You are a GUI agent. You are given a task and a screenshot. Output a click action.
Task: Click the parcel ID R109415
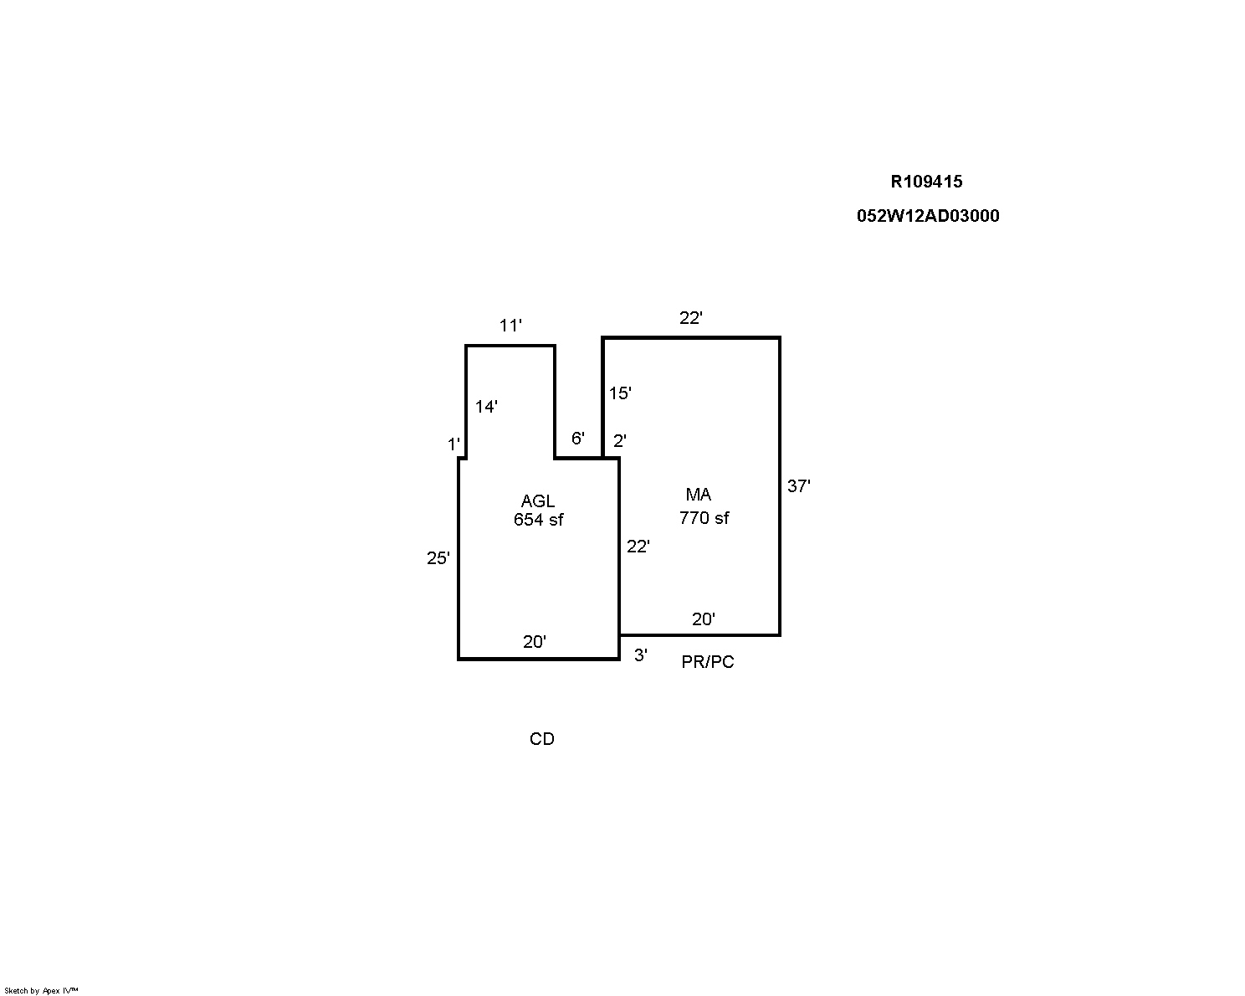(926, 182)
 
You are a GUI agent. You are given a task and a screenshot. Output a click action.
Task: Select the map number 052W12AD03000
(928, 216)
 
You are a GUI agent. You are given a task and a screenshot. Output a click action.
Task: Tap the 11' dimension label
(510, 326)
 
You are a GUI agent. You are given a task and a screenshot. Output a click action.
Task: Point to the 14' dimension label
(486, 407)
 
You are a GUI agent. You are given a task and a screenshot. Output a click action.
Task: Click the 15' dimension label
(620, 393)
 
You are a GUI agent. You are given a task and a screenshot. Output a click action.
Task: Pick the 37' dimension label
(798, 486)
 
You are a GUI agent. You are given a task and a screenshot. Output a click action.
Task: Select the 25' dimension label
(438, 558)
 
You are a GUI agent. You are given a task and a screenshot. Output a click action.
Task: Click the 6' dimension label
(578, 439)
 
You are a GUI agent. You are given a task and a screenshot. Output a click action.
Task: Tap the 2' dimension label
(620, 441)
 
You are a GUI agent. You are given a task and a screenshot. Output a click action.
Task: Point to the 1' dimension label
(453, 444)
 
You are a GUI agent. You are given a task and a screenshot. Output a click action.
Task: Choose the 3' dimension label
(640, 655)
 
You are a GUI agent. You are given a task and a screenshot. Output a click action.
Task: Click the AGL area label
(537, 501)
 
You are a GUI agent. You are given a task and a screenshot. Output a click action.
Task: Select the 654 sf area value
(538, 520)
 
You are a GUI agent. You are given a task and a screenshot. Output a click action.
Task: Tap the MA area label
(699, 495)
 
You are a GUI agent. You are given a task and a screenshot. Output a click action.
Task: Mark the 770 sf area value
(704, 518)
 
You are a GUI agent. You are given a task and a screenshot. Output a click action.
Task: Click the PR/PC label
(708, 662)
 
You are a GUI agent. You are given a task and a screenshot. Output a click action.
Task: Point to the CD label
(542, 739)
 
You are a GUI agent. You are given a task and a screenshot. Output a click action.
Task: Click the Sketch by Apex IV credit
(41, 991)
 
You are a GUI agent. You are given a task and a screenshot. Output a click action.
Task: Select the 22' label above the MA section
(691, 318)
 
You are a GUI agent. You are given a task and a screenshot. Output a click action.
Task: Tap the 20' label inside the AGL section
(535, 642)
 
